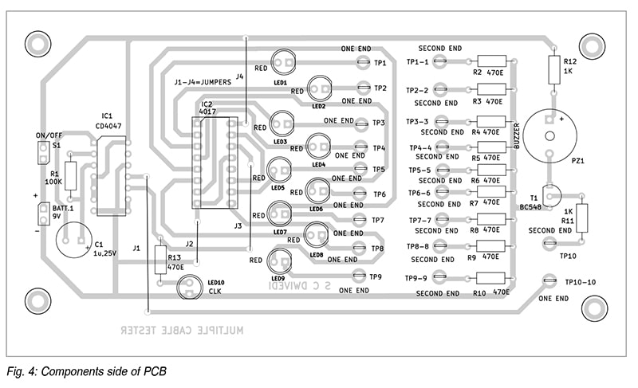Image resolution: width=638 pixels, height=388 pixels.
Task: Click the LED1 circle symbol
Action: pos(283,60)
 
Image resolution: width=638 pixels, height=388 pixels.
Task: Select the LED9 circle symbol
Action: pos(281,261)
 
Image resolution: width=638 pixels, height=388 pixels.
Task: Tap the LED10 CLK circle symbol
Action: pos(189,288)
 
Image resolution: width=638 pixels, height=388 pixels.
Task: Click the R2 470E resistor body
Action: pos(491,61)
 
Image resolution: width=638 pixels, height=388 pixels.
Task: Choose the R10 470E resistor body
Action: pos(491,278)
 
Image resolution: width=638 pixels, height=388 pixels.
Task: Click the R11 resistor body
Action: pos(582,218)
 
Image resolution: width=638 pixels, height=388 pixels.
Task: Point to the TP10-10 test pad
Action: pos(549,281)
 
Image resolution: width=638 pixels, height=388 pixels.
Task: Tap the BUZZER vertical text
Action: pos(518,135)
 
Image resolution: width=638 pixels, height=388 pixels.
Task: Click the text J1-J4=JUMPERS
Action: pos(203,81)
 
